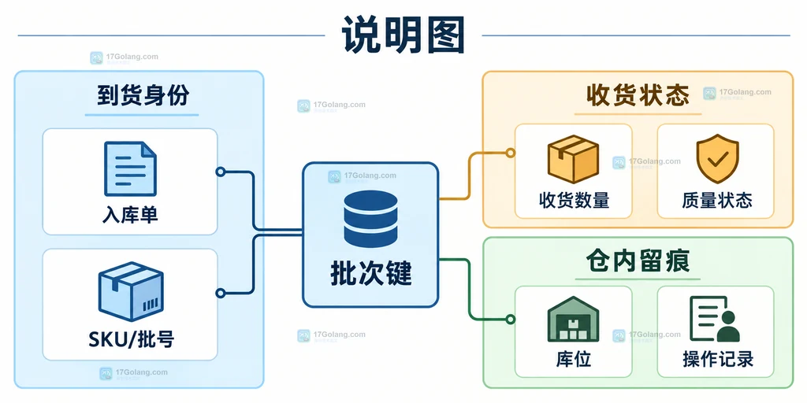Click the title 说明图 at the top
click(x=403, y=35)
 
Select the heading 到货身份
click(x=142, y=95)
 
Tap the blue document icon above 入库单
click(x=130, y=168)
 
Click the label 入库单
click(x=130, y=215)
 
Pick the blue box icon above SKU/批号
click(x=131, y=292)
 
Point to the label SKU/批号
click(x=130, y=338)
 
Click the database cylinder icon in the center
click(x=370, y=219)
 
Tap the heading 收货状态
click(x=638, y=95)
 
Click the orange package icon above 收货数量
click(x=573, y=159)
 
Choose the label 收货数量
click(x=574, y=200)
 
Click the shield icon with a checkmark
click(x=717, y=159)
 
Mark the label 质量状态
click(x=717, y=200)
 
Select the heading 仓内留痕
click(x=638, y=261)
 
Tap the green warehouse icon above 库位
click(x=574, y=319)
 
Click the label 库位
click(x=574, y=359)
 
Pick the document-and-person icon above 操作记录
click(x=715, y=319)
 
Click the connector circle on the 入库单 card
click(x=221, y=172)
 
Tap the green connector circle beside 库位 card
click(x=510, y=320)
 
